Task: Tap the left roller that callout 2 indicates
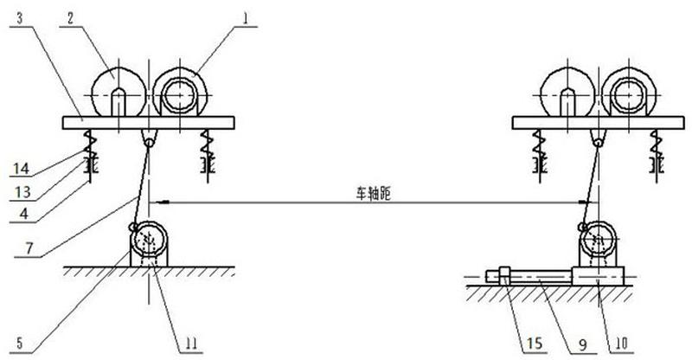click(x=119, y=92)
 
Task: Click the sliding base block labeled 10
click(x=599, y=276)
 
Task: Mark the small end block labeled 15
click(x=503, y=277)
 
